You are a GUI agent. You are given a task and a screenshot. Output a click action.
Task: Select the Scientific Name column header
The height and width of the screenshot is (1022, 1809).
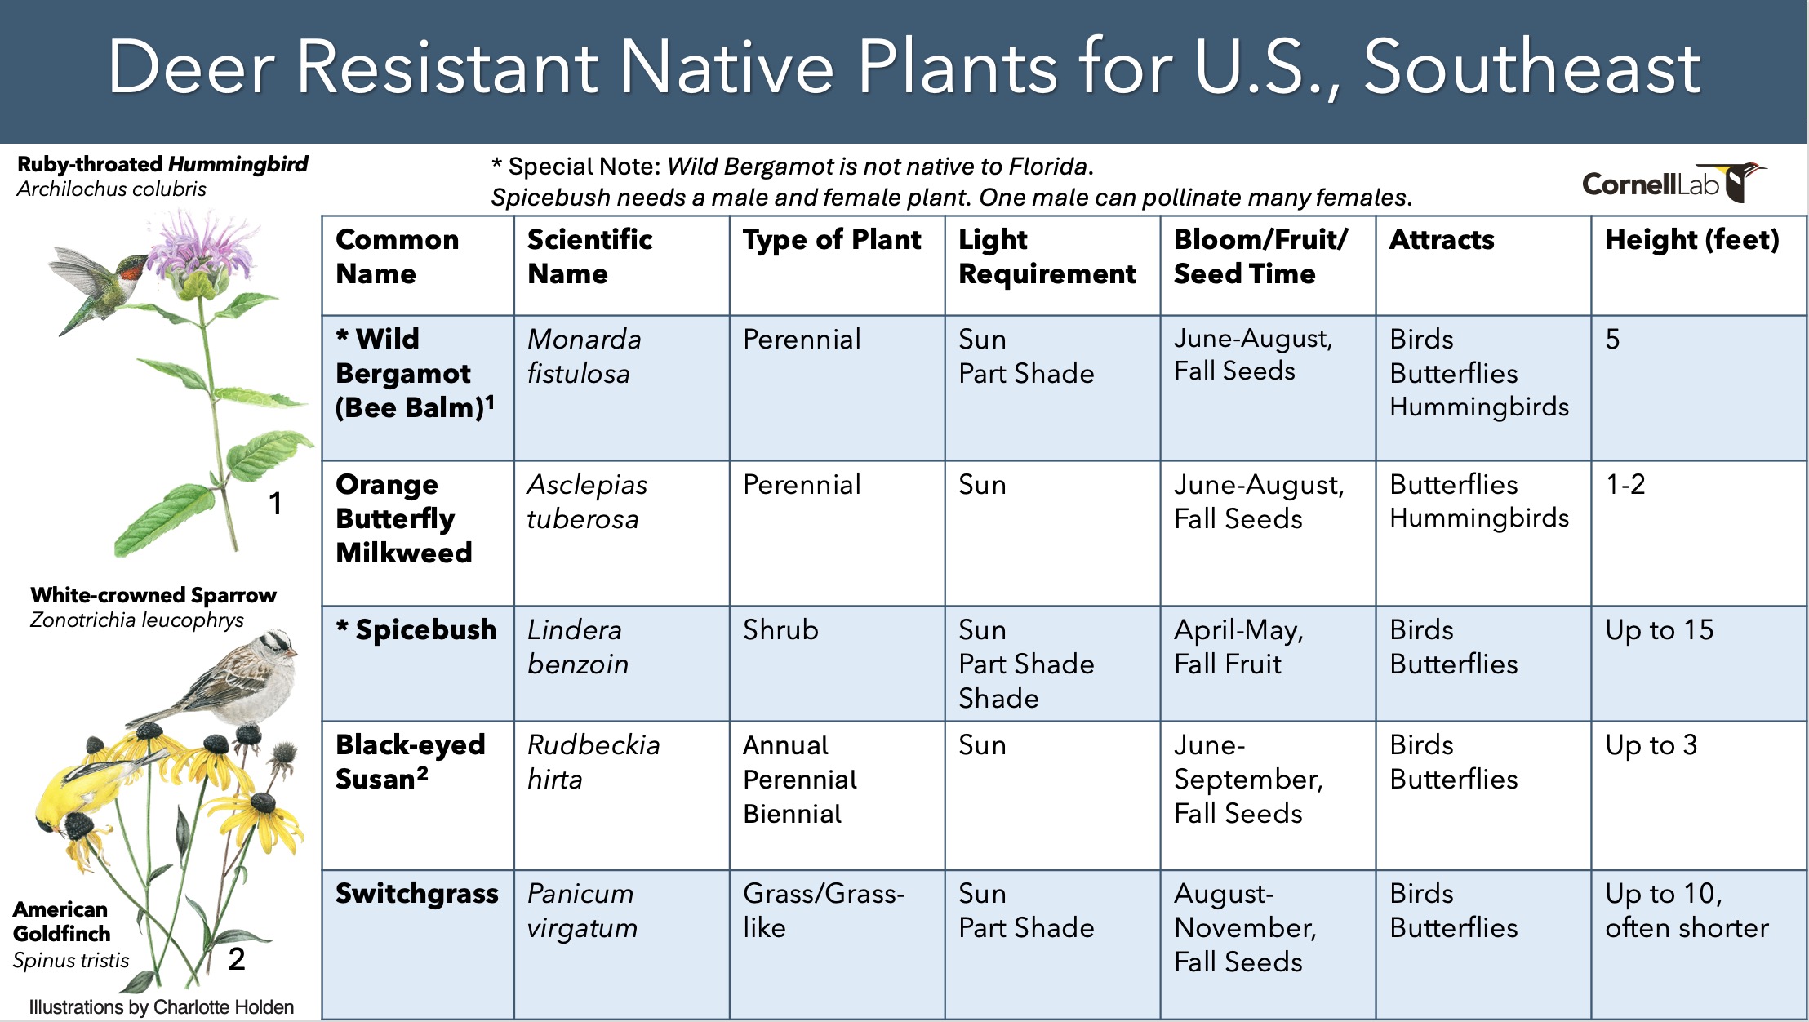[x=589, y=256]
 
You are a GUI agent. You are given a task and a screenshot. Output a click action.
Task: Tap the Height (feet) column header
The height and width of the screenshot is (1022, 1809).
[x=1691, y=239]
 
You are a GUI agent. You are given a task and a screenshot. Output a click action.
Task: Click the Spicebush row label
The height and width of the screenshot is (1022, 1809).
[x=416, y=629]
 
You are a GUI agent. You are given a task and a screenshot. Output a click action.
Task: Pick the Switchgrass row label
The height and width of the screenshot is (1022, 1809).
[x=416, y=893]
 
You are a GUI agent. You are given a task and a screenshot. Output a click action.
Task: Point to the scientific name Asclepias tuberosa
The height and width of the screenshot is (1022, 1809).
[x=587, y=501]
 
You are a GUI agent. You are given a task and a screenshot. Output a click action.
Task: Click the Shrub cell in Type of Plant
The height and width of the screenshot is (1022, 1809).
[x=780, y=629]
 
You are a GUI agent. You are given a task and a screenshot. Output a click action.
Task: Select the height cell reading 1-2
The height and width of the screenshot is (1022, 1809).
[x=1625, y=484]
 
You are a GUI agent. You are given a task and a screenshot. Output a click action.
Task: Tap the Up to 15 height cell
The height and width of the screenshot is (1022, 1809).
[x=1659, y=629]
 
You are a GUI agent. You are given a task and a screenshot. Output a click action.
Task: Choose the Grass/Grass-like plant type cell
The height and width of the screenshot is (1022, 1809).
[x=823, y=910]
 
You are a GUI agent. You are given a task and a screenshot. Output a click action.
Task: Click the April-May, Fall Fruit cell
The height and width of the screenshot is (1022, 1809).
[x=1238, y=647]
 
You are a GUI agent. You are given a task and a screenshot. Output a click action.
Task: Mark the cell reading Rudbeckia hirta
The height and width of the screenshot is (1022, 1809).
[x=593, y=762]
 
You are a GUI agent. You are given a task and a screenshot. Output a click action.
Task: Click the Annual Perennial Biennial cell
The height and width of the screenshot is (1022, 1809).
[x=800, y=779]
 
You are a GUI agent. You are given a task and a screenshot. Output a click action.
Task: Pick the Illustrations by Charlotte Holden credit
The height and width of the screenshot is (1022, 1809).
[x=162, y=1007]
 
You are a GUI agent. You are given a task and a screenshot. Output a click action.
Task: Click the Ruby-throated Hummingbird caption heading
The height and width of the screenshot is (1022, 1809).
[x=162, y=164]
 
